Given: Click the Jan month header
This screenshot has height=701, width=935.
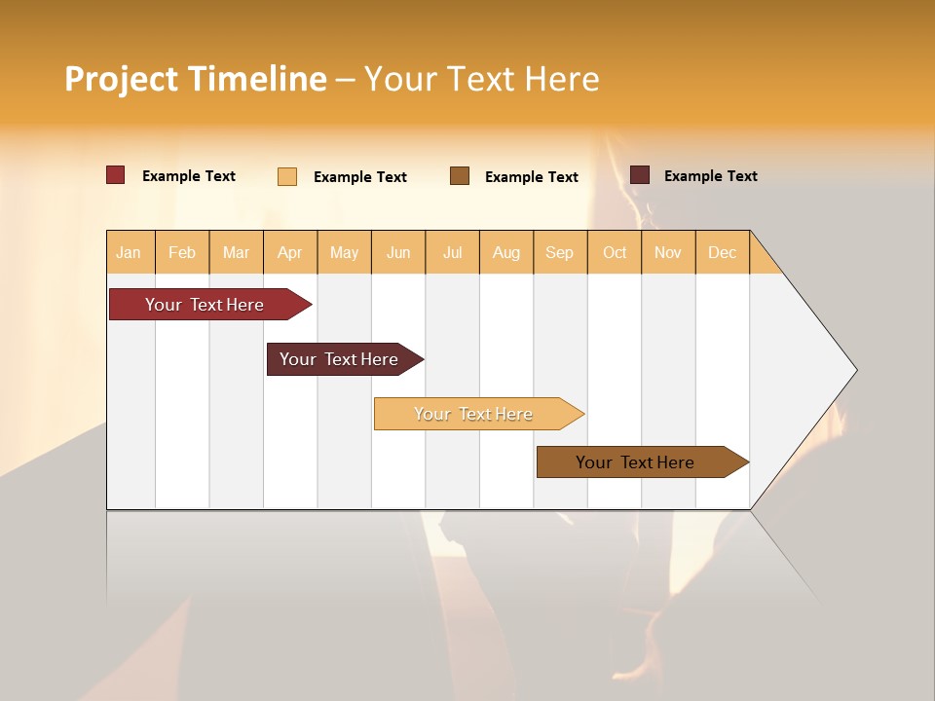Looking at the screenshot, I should [x=130, y=252].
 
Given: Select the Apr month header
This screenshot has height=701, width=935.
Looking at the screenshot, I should [x=290, y=252].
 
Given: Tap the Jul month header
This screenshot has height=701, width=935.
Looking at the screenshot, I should [x=453, y=252].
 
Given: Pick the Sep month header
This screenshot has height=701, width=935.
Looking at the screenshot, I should [x=560, y=252].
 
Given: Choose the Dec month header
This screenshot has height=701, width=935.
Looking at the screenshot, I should [x=722, y=252].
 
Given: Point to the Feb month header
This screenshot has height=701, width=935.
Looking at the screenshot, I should [x=182, y=252].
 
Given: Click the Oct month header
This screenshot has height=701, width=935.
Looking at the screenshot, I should [x=615, y=252].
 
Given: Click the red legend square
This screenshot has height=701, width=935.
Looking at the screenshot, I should [x=116, y=175].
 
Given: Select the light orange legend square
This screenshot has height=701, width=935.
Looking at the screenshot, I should [x=287, y=176].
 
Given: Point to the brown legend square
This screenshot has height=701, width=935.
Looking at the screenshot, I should [x=460, y=176].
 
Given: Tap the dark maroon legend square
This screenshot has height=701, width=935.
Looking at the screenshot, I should [x=640, y=175].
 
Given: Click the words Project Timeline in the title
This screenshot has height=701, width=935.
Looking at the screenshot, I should [x=196, y=79].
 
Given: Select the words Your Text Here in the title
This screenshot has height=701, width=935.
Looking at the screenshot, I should [x=482, y=79].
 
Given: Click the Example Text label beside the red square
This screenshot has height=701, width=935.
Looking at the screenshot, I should [x=189, y=176].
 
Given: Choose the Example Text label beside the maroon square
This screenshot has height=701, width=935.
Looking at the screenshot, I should [x=711, y=176].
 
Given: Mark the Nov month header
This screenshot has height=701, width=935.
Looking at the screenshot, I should [x=668, y=252].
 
